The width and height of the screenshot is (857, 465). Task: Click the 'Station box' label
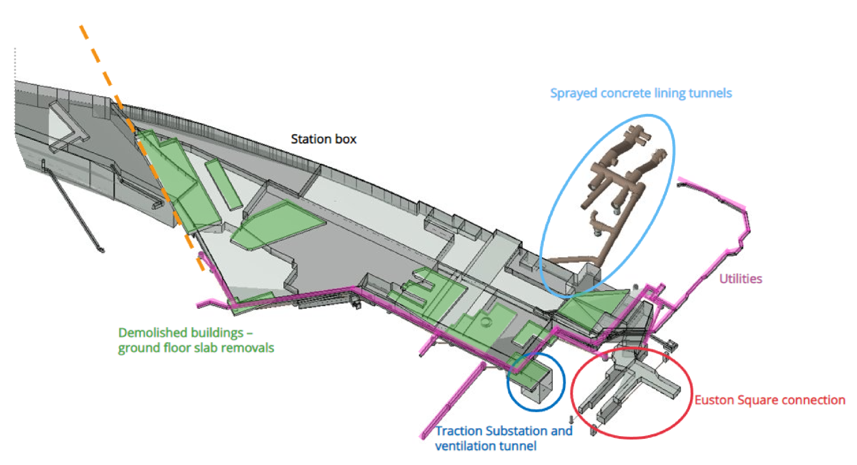click(x=323, y=139)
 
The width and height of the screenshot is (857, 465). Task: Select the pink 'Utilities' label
click(x=740, y=279)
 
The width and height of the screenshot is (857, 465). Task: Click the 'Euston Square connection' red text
click(x=770, y=400)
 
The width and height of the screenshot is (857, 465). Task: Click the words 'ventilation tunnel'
click(x=485, y=446)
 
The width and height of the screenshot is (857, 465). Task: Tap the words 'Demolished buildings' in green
click(x=181, y=333)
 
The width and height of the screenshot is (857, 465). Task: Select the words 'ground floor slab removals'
click(x=196, y=348)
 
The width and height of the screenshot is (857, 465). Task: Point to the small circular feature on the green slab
click(x=486, y=322)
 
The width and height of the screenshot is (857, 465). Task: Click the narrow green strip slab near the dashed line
click(x=223, y=184)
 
